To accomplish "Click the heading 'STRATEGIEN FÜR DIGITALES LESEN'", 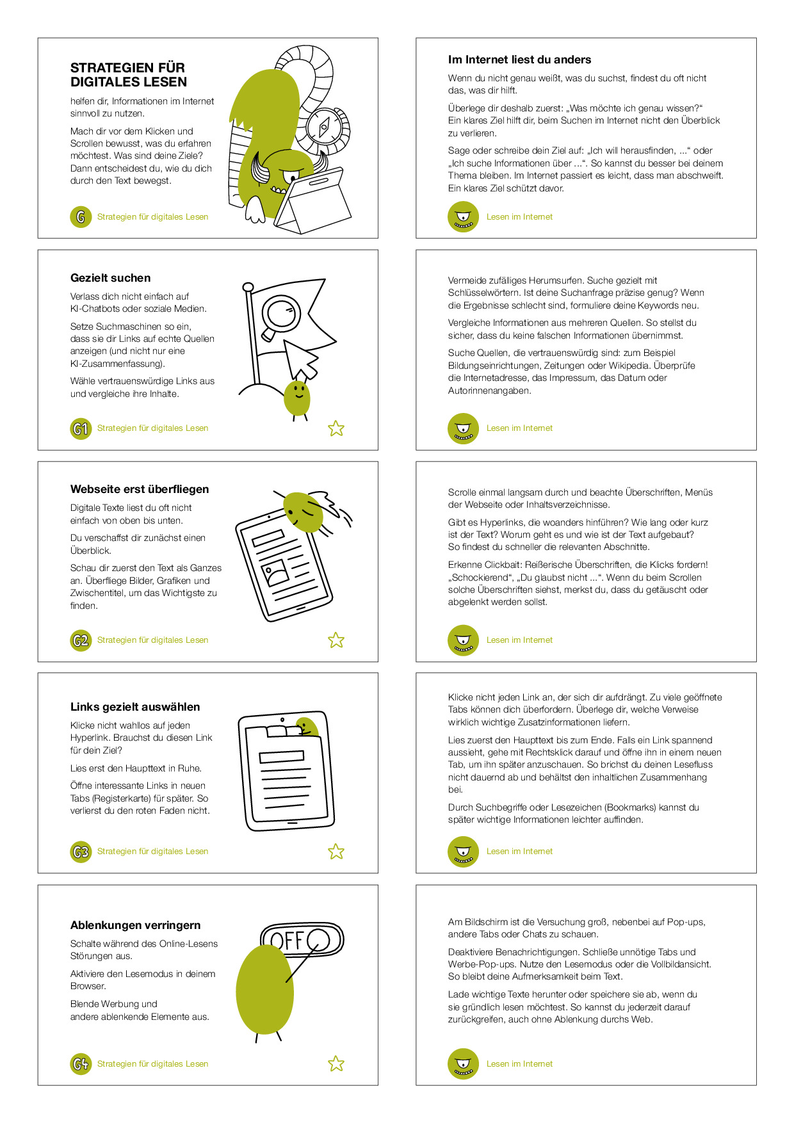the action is tap(129, 75).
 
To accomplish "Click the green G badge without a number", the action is tap(81, 217).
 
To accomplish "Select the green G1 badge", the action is tap(81, 428).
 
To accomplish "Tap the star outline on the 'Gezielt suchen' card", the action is tap(336, 428).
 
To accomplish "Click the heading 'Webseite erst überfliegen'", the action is tap(140, 489).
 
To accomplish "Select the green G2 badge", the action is tap(81, 640).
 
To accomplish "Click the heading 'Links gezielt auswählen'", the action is tap(135, 707).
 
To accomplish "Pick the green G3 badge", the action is tap(81, 852).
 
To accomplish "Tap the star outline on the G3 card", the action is tap(336, 852).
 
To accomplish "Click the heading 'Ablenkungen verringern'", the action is tap(136, 925).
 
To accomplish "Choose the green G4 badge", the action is tap(81, 1064).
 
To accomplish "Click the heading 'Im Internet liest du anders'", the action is tap(520, 60).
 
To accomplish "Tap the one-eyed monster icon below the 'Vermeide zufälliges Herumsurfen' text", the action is tap(464, 428).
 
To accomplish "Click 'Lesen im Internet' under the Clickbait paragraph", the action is tap(519, 640).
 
